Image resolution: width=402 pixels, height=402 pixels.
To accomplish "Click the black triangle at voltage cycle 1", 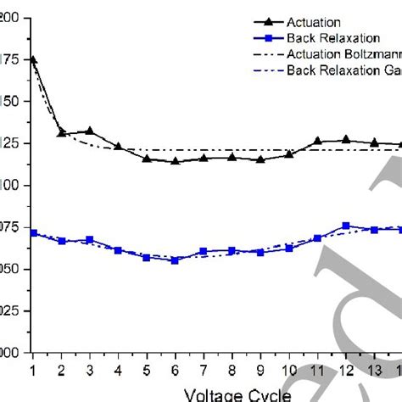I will (x=32, y=59).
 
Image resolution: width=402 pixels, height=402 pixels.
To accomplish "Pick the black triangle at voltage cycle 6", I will (x=175, y=160).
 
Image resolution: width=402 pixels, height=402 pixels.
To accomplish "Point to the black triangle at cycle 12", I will (x=346, y=139).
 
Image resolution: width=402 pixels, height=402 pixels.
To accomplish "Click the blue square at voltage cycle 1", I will (x=33, y=232).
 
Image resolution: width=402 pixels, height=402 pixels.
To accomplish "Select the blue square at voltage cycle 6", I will (x=175, y=260).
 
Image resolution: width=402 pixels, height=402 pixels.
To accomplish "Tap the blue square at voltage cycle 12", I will (x=346, y=226).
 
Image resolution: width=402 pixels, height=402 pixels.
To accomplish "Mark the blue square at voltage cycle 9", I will (x=260, y=252).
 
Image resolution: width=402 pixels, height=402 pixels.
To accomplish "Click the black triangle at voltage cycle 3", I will (x=89, y=131).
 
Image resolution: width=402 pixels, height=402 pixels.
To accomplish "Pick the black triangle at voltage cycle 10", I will (x=288, y=154).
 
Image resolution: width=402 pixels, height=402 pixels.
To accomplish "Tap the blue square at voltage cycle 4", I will (x=118, y=250).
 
